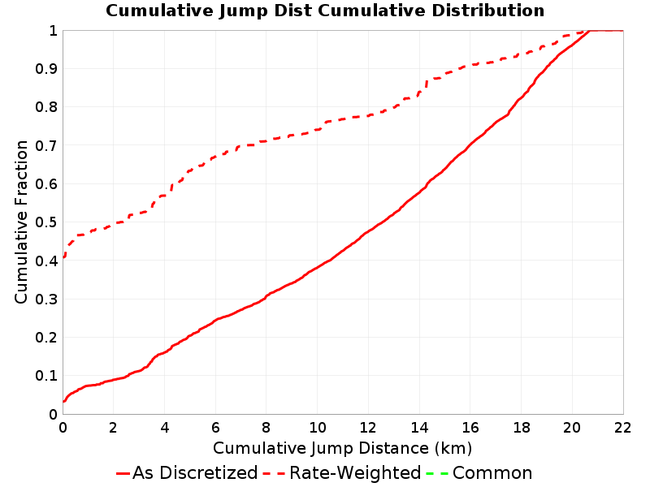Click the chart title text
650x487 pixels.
pyautogui.click(x=325, y=11)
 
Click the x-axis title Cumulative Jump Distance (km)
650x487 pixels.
pyautogui.click(x=342, y=448)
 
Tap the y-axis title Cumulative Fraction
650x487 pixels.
pyautogui.click(x=21, y=222)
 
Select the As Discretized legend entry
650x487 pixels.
pyautogui.click(x=187, y=473)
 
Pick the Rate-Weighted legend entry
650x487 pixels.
pyautogui.click(x=342, y=473)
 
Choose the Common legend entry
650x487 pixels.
pyautogui.click(x=479, y=473)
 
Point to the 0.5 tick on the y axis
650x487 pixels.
pyautogui.click(x=46, y=222)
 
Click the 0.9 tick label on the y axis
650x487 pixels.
pyautogui.click(x=46, y=69)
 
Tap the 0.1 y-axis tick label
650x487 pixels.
pyautogui.click(x=46, y=376)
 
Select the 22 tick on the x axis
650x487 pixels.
pyautogui.click(x=623, y=428)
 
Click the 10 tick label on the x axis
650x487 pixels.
pyautogui.click(x=317, y=428)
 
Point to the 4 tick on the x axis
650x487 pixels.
pyautogui.click(x=165, y=428)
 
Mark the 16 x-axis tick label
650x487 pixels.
pyautogui.click(x=470, y=428)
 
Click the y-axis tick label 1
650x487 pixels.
pyautogui.click(x=53, y=31)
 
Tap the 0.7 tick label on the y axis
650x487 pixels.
pyautogui.click(x=46, y=146)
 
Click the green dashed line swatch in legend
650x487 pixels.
pyautogui.click(x=437, y=473)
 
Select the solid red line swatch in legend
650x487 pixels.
pyautogui.click(x=123, y=473)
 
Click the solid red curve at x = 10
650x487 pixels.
pyautogui.click(x=317, y=268)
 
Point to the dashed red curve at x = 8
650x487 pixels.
pyautogui.click(x=266, y=141)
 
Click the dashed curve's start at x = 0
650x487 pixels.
pyautogui.click(x=63, y=257)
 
